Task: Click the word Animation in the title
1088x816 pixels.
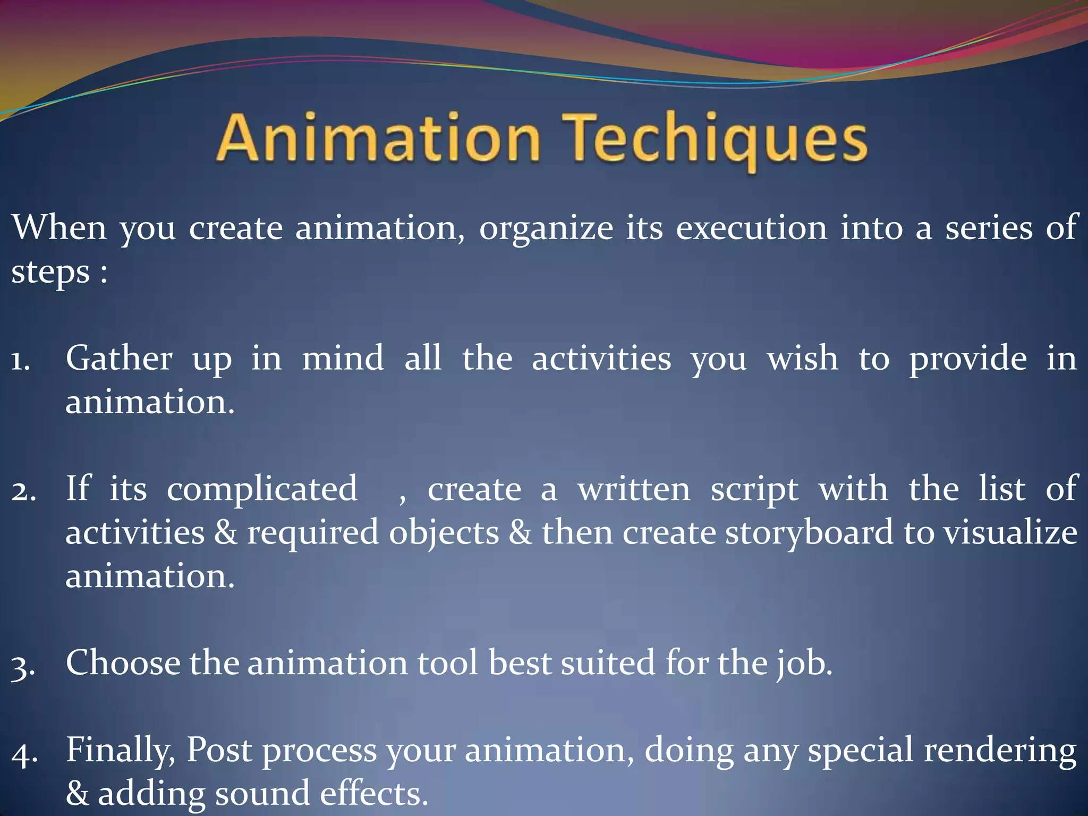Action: tap(378, 138)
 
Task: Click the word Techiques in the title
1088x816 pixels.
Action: tap(715, 139)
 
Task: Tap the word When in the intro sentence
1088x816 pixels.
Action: tap(59, 227)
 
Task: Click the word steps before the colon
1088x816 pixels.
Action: tap(50, 273)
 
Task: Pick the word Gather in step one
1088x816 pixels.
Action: tap(119, 359)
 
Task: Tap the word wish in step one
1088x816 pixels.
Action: tap(802, 359)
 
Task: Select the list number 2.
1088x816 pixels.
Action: tap(23, 492)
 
